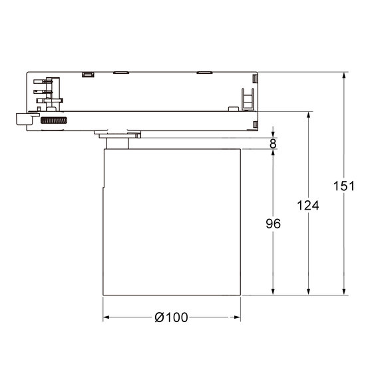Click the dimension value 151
coord(343,187)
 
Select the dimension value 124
coord(308,206)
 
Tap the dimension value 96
coord(272,224)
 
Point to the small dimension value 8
coord(274,142)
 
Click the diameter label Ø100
coord(170,318)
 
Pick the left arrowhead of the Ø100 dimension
coord(106,318)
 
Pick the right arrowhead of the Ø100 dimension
coord(236,318)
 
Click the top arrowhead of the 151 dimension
coord(343,76)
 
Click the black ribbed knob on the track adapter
coord(55,121)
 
